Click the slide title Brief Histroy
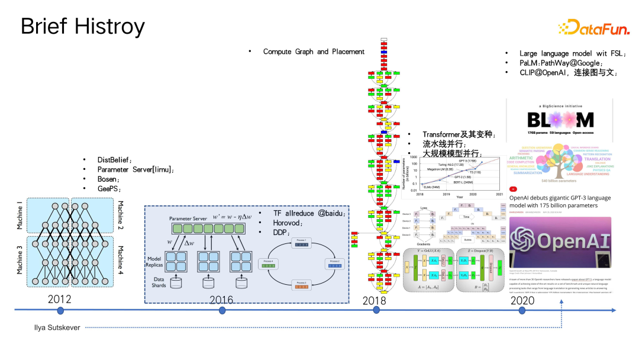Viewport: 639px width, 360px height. pyautogui.click(x=82, y=27)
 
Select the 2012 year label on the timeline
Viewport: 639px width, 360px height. pyautogui.click(x=60, y=299)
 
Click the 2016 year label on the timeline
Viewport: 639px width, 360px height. pyautogui.click(x=221, y=300)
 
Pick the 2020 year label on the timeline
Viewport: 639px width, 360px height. pyautogui.click(x=522, y=301)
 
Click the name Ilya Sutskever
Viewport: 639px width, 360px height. pyautogui.click(x=57, y=327)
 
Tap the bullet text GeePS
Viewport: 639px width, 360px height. pyautogui.click(x=109, y=188)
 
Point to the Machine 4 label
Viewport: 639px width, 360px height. pyautogui.click(x=121, y=261)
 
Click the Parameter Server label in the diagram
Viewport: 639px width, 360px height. pyautogui.click(x=188, y=218)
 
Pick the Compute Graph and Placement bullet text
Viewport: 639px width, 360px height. pyautogui.click(x=314, y=52)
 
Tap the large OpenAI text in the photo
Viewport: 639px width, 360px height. pyautogui.click(x=568, y=242)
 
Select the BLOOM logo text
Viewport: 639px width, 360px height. pyautogui.click(x=560, y=121)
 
